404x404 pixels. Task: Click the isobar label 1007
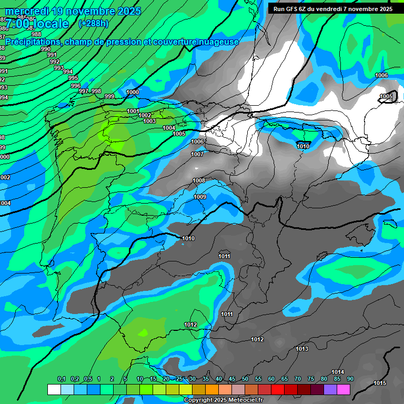[x=197, y=154]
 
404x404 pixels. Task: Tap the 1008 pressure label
[x=199, y=180]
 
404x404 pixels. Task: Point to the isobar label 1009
[x=200, y=197]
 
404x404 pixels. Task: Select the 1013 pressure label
[x=302, y=349]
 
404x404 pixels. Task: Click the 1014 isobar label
[x=338, y=372]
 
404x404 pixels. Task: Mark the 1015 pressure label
[x=380, y=382]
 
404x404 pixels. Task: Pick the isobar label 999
[x=109, y=96]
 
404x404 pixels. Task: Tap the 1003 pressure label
[x=149, y=121]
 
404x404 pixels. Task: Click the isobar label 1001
[x=133, y=111]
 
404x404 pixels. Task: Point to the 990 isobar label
[x=46, y=49]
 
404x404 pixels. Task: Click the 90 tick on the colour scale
[x=350, y=379]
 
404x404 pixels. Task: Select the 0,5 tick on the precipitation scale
[x=88, y=379]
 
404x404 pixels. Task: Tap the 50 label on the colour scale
[x=245, y=379]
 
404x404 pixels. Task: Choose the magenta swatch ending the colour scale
[x=344, y=389]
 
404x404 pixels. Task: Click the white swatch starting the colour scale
[x=54, y=389]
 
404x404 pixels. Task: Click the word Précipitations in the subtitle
[x=33, y=42]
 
